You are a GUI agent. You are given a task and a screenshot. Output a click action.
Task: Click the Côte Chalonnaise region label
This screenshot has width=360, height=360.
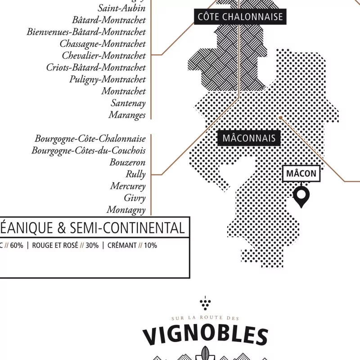(x=240, y=17)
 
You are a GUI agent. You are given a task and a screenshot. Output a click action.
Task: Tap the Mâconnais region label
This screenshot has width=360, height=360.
(x=249, y=138)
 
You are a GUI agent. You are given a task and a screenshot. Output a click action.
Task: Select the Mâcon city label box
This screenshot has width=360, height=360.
(x=301, y=174)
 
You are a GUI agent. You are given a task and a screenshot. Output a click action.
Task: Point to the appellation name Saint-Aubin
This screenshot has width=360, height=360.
(x=121, y=8)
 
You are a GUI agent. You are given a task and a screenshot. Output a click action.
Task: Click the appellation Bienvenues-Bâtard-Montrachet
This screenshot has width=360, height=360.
(x=86, y=32)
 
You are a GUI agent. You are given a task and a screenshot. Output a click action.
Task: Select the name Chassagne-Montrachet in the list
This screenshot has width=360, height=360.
(x=103, y=44)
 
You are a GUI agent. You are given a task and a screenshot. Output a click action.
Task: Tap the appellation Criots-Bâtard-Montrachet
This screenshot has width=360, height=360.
(x=96, y=67)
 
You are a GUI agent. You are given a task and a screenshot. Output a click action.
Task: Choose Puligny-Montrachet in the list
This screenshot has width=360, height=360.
(x=108, y=79)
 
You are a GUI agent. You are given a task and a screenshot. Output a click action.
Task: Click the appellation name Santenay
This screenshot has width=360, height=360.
(x=128, y=103)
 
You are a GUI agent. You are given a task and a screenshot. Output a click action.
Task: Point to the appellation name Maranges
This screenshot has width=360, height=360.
(x=127, y=115)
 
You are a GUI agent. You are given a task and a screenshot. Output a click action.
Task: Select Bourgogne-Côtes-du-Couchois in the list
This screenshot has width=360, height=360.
(x=89, y=150)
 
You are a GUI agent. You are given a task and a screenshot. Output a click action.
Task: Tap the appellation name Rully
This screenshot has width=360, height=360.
(x=135, y=174)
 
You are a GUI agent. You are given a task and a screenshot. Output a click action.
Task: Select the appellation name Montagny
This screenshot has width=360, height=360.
(x=126, y=210)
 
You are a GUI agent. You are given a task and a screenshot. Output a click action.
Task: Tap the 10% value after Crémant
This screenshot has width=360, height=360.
(x=150, y=246)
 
